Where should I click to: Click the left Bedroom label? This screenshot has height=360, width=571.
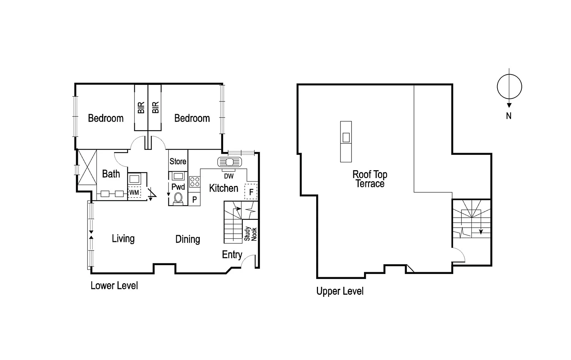106,118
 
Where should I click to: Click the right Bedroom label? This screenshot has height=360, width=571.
192,118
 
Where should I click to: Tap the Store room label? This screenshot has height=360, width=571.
178,161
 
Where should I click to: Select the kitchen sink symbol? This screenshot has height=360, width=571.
229,162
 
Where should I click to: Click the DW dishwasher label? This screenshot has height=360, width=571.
229,176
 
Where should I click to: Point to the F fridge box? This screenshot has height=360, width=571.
251,192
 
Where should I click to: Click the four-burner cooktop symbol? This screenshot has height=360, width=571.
194,182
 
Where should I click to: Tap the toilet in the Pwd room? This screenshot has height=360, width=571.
178,198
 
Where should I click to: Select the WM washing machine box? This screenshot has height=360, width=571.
134,193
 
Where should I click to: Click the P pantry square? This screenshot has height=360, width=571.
194,200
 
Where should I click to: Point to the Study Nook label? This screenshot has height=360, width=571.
251,234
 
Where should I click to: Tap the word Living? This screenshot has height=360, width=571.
123,238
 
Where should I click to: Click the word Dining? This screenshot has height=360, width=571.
188,239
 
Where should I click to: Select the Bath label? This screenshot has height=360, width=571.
111,174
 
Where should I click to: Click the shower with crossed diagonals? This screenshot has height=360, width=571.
87,167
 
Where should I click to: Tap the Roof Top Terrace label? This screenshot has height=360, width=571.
370,179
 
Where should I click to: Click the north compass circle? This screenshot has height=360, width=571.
509,87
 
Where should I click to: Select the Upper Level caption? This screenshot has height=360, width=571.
340,291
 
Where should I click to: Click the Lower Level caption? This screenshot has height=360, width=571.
114,285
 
